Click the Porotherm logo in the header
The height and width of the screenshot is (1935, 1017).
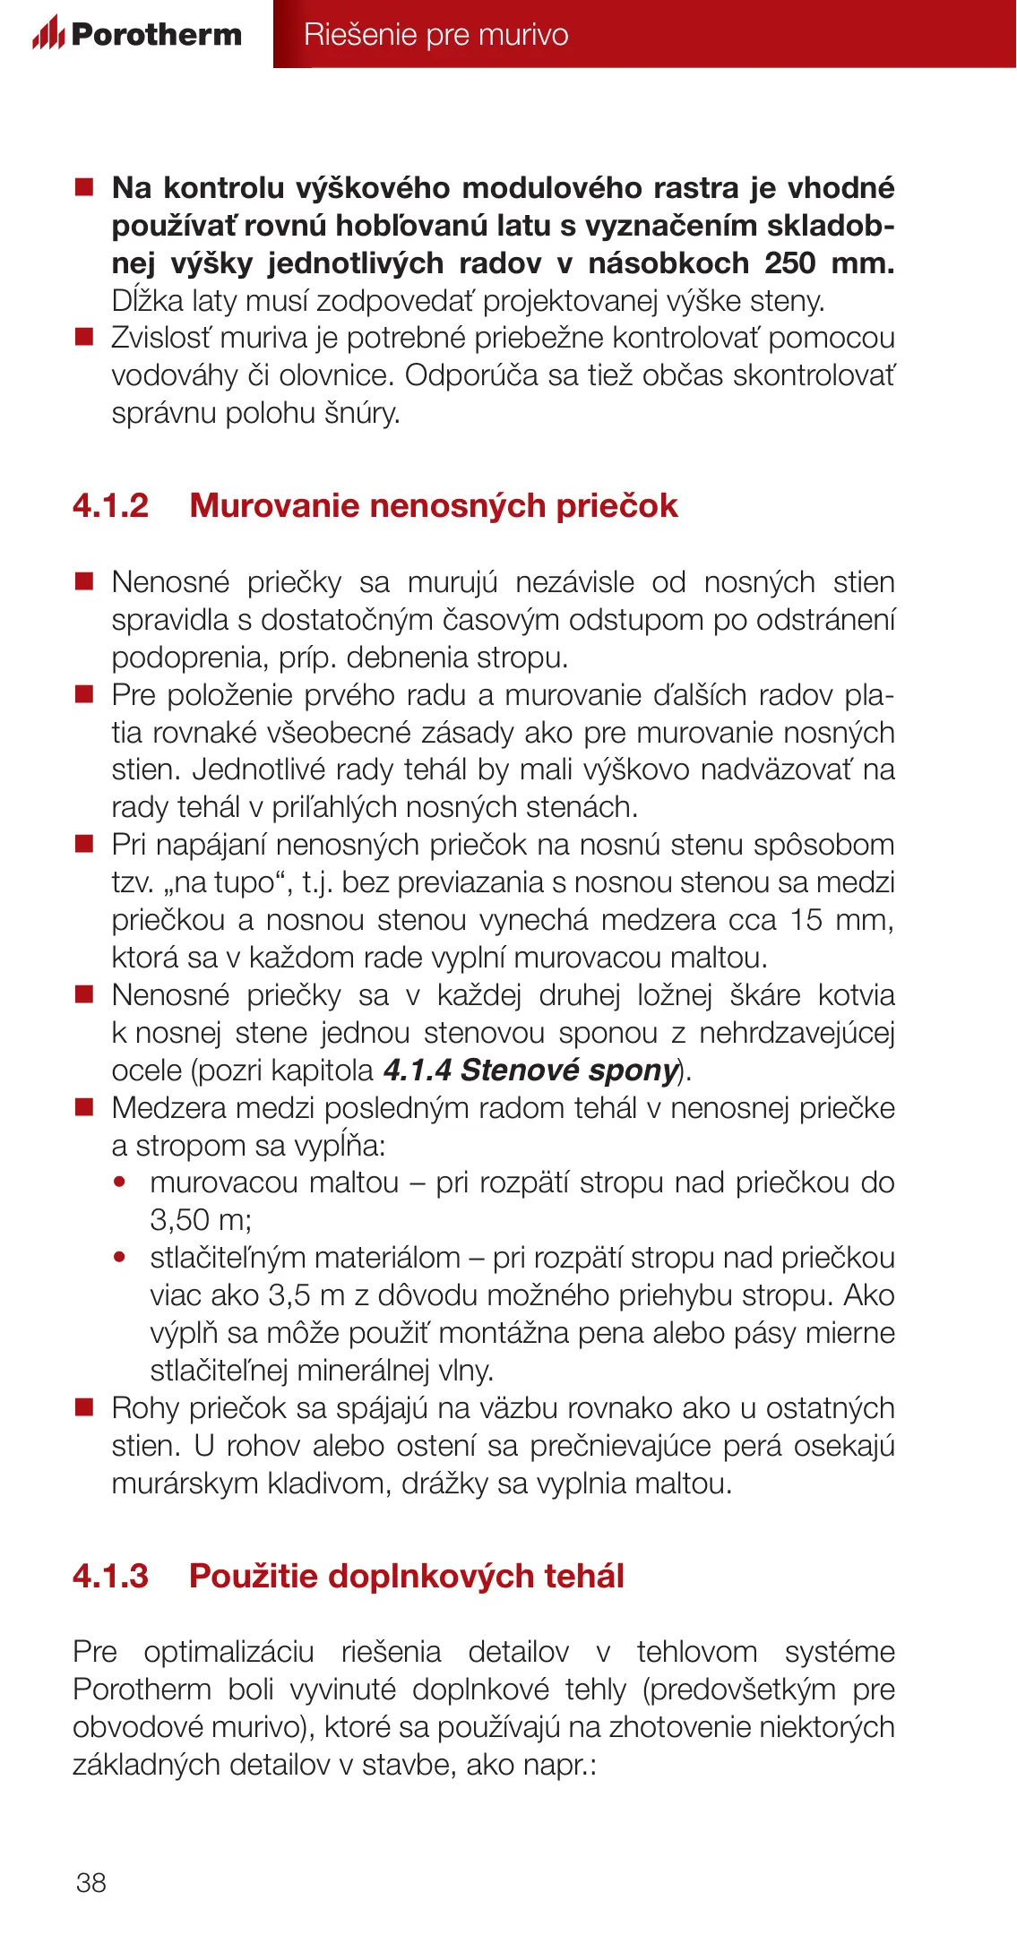pos(137,34)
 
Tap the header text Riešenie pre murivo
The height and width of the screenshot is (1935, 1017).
pos(435,34)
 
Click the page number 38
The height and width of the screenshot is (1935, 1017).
pos(91,1882)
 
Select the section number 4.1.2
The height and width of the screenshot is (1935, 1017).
pos(110,506)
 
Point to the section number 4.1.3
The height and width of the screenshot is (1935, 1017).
pos(110,1576)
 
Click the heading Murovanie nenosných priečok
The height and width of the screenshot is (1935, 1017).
pos(434,506)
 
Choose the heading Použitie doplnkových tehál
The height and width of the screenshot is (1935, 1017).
pos(406,1576)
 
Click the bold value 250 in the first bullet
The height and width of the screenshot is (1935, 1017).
pos(789,263)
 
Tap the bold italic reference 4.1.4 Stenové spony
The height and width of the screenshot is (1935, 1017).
pos(530,1071)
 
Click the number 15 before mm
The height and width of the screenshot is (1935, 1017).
pos(806,920)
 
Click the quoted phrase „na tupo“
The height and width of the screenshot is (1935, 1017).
pos(228,883)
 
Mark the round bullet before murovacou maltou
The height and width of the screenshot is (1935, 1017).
pos(120,1182)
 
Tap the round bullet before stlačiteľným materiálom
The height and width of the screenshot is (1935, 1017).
pos(120,1258)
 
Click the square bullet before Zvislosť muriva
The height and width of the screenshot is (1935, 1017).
pos(84,337)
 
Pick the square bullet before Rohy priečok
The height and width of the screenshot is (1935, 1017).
pos(84,1407)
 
